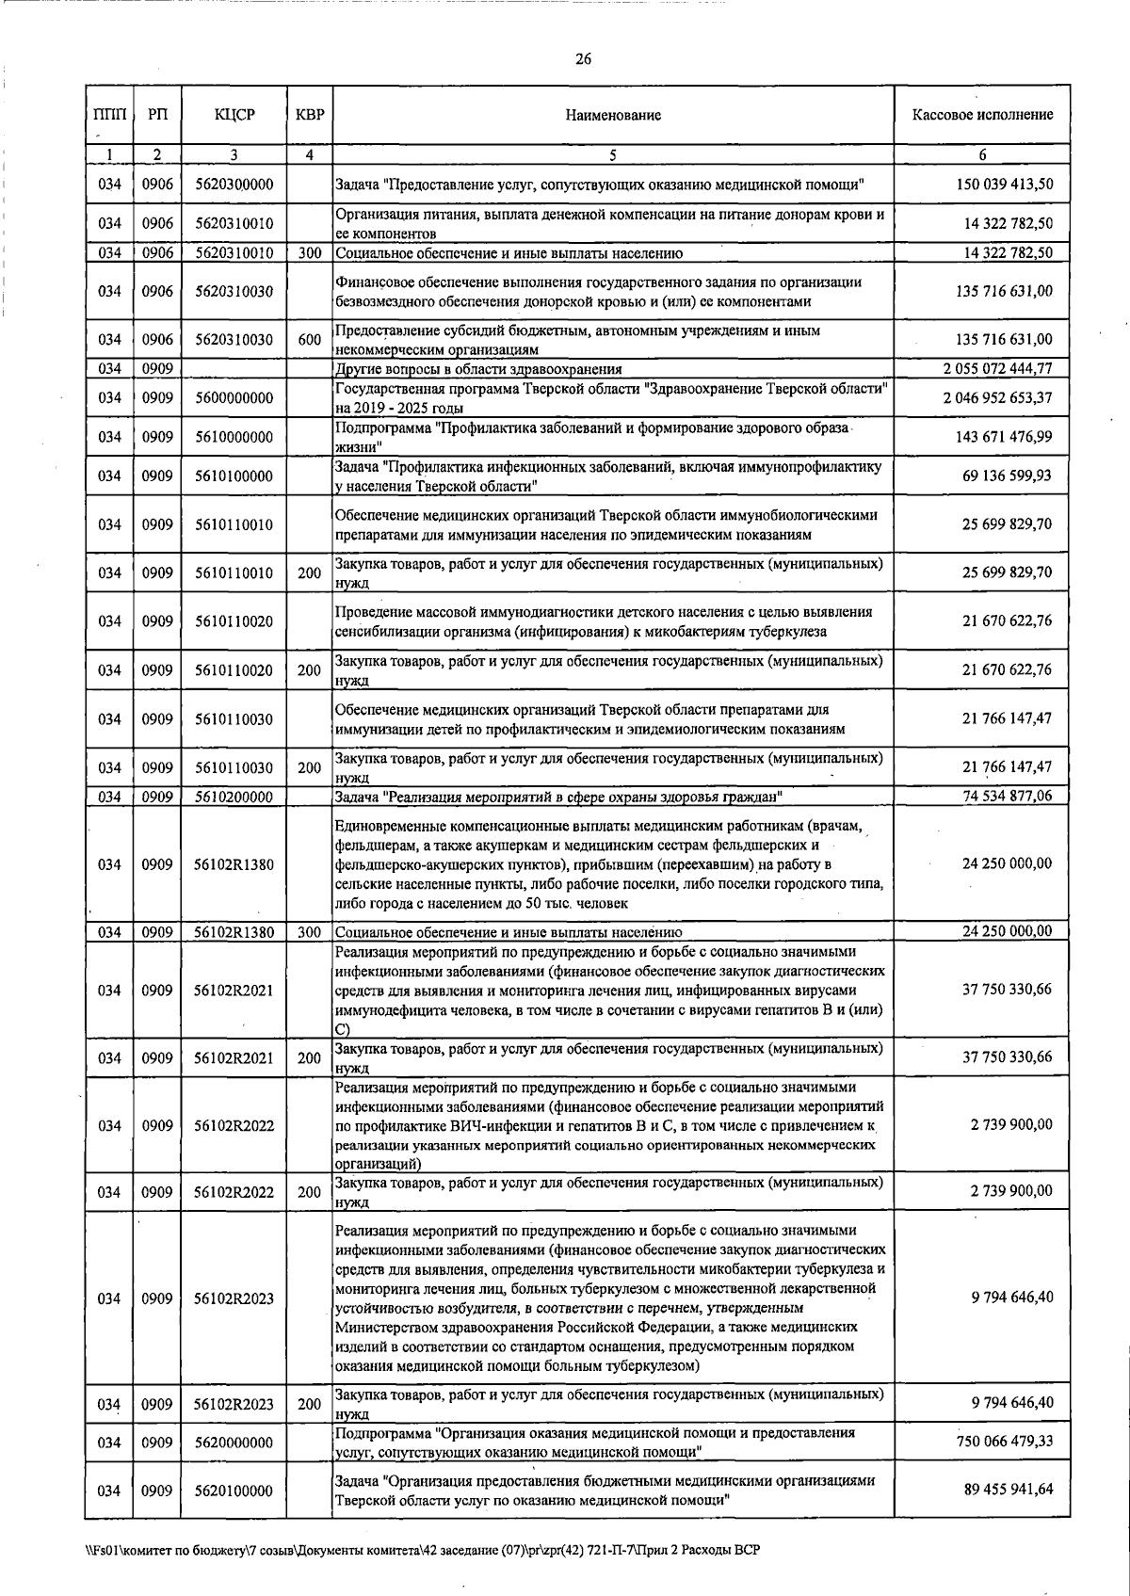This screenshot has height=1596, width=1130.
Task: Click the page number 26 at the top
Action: pyautogui.click(x=583, y=60)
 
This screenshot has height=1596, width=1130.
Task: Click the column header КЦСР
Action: pyautogui.click(x=234, y=115)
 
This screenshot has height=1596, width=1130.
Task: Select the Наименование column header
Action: pyautogui.click(x=613, y=115)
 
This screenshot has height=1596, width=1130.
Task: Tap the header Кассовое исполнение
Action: pyautogui.click(x=982, y=115)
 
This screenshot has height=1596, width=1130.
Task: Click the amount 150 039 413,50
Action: pyautogui.click(x=1004, y=185)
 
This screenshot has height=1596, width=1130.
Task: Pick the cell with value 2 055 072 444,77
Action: pyautogui.click(x=997, y=368)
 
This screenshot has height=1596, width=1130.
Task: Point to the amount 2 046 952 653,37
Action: pyautogui.click(x=997, y=397)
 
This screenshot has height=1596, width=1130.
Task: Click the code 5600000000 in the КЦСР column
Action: pyautogui.click(x=234, y=398)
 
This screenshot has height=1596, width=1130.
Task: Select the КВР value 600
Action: pyautogui.click(x=309, y=340)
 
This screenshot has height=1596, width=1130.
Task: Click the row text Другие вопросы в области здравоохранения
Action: pyautogui.click(x=478, y=369)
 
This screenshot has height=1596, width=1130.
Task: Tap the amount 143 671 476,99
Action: pyautogui.click(x=1004, y=437)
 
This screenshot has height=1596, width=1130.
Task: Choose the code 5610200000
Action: pyautogui.click(x=234, y=797)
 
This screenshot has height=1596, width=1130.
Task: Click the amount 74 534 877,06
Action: pyautogui.click(x=1007, y=796)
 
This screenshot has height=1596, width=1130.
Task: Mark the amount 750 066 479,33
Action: pyautogui.click(x=1004, y=1442)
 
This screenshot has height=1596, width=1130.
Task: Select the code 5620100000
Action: pyautogui.click(x=234, y=1491)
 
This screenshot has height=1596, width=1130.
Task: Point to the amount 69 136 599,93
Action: pyautogui.click(x=1007, y=476)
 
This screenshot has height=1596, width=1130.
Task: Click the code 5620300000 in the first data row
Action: pyautogui.click(x=234, y=185)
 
